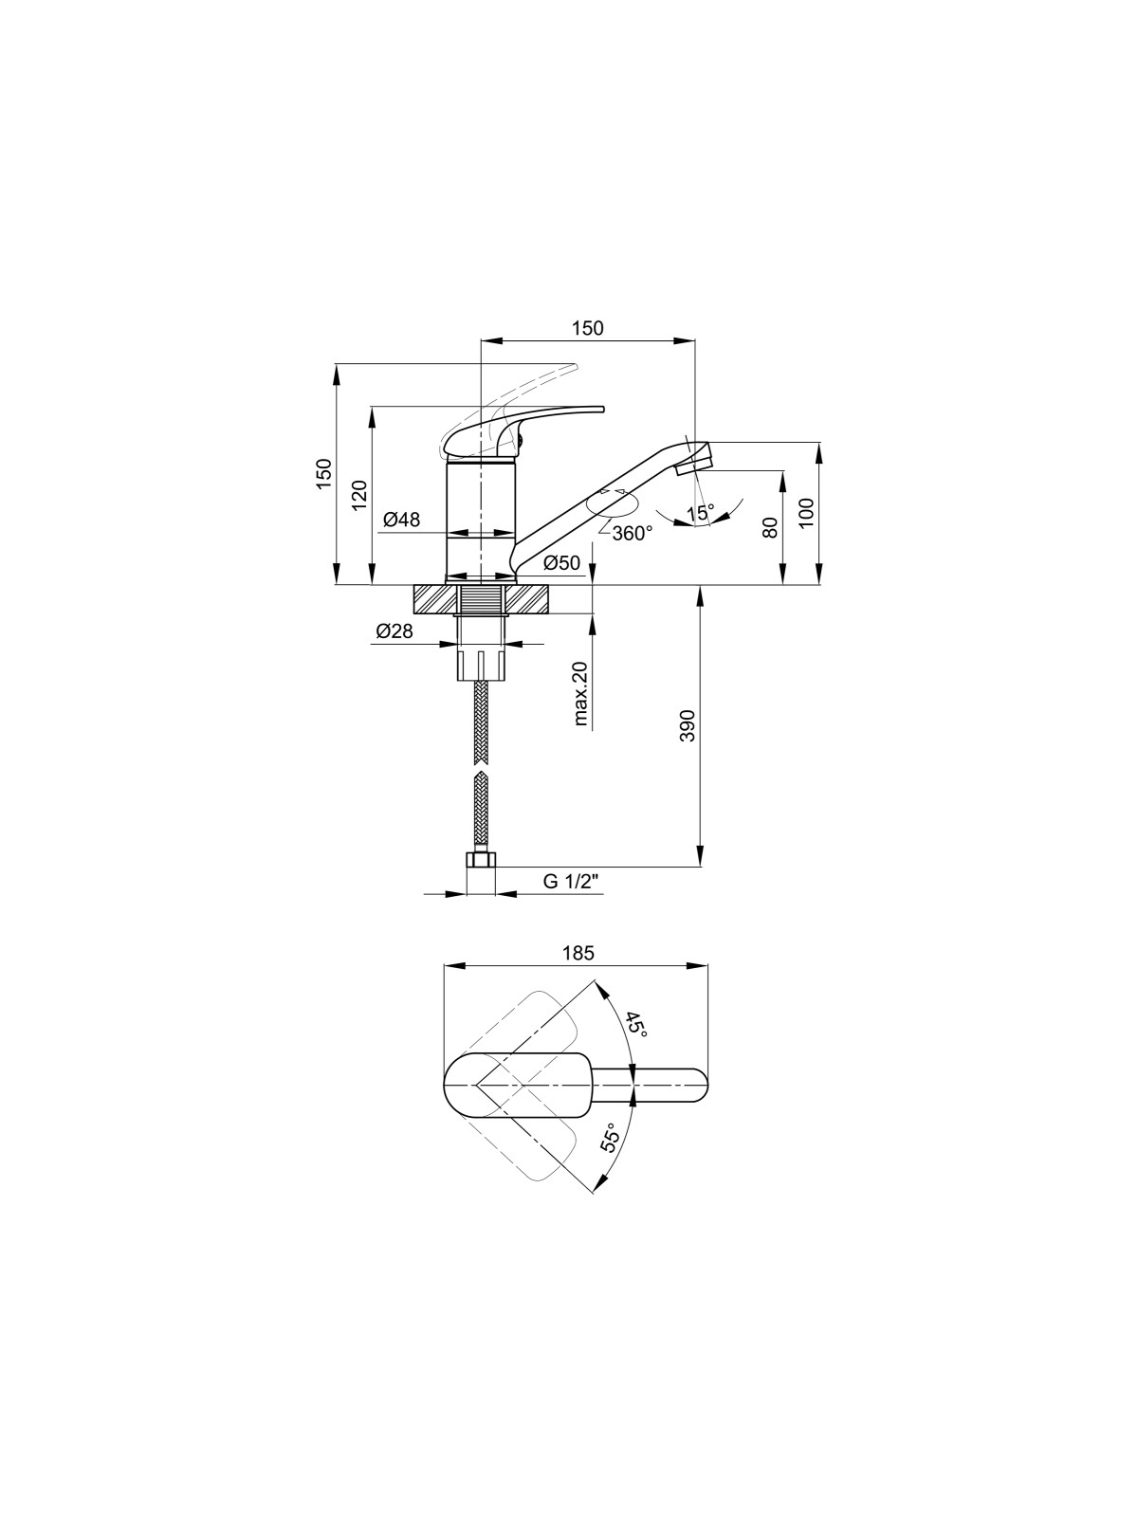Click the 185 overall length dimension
pyautogui.click(x=578, y=953)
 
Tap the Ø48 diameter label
pyautogui.click(x=401, y=519)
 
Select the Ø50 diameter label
pyautogui.click(x=561, y=562)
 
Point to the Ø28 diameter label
pyautogui.click(x=395, y=631)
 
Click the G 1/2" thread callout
pyautogui.click(x=569, y=881)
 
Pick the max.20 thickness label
pyautogui.click(x=579, y=693)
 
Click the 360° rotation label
pyautogui.click(x=632, y=534)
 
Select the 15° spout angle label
pyautogui.click(x=701, y=513)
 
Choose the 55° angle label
pyautogui.click(x=610, y=1137)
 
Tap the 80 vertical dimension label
pyautogui.click(x=771, y=528)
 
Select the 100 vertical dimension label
pyautogui.click(x=807, y=513)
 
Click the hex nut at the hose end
pyautogui.click(x=481, y=860)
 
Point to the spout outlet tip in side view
pyautogui.click(x=693, y=462)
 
